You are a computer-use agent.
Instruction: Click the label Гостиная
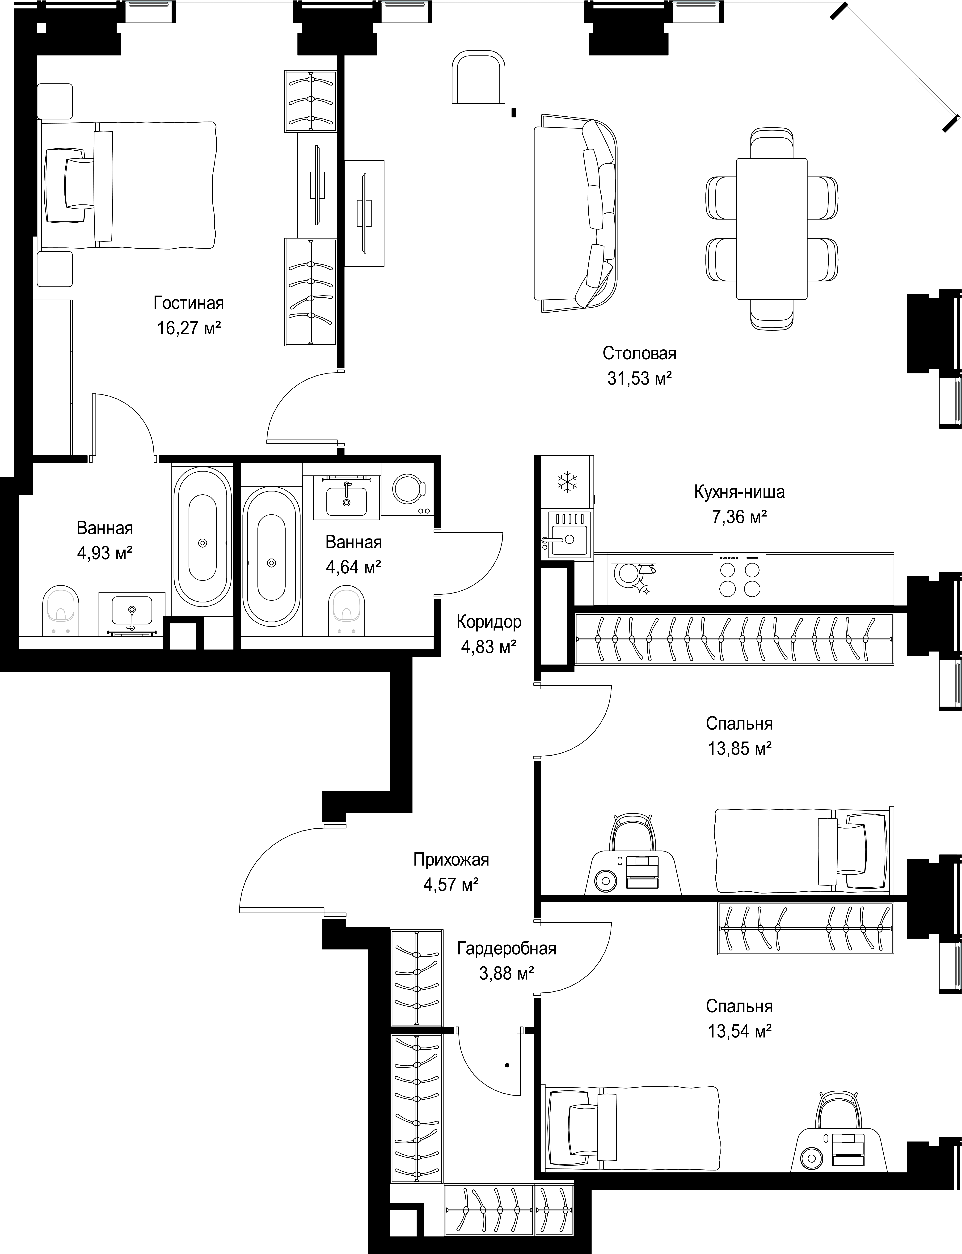[x=188, y=303]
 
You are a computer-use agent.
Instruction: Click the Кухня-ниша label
[x=739, y=492]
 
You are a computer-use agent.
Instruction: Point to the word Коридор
[x=489, y=621]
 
